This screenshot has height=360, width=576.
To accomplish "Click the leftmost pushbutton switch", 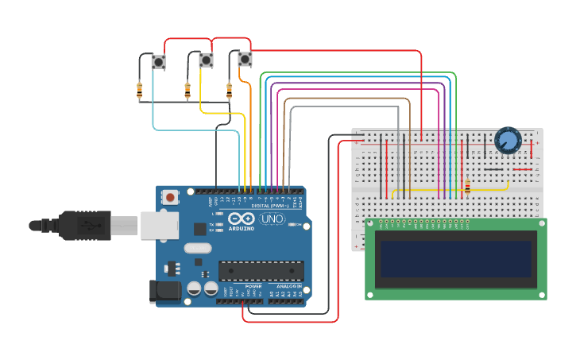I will [x=159, y=62].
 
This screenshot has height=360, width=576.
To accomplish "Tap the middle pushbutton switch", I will [x=206, y=60].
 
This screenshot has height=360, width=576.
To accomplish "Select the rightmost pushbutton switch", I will [x=245, y=59].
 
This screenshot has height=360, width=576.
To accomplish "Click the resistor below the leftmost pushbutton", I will [x=140, y=90].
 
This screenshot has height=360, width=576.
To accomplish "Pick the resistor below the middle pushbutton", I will [x=187, y=90].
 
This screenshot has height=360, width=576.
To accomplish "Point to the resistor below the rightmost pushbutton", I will [x=230, y=90].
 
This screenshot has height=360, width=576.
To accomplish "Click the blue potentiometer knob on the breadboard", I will [x=507, y=141].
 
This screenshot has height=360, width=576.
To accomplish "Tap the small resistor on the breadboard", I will [x=467, y=187].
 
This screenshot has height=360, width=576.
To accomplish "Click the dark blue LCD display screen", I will [x=455, y=258].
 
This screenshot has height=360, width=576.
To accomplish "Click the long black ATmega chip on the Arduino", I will [x=261, y=270].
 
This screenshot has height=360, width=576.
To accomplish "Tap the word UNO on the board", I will [x=273, y=219].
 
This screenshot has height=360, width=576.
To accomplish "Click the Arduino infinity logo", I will [x=241, y=219].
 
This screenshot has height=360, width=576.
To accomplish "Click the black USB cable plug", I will [x=87, y=225].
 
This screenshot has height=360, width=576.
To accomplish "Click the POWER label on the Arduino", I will [x=253, y=285].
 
